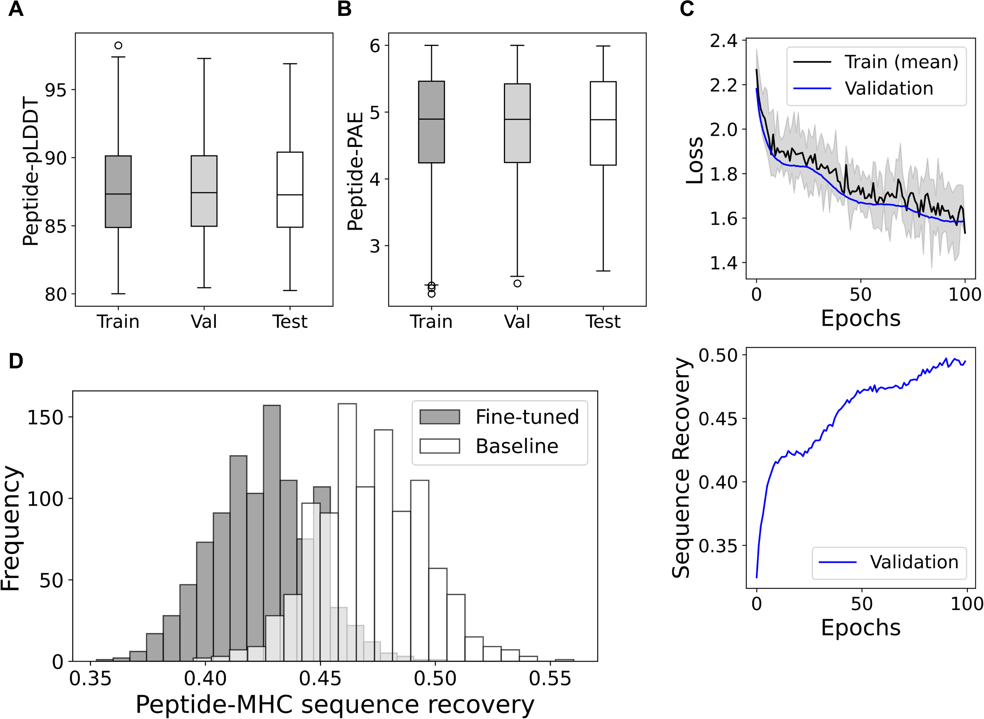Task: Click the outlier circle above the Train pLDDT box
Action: coord(118,45)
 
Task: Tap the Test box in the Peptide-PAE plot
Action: coord(603,123)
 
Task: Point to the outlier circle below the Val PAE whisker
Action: coord(517,283)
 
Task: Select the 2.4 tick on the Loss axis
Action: coord(724,41)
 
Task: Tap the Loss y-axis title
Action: coord(694,160)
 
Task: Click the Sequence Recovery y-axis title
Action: coord(681,468)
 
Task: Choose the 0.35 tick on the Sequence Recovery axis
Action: coord(718,546)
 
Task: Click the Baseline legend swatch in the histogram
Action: coord(440,446)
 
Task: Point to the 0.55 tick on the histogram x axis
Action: coord(550,679)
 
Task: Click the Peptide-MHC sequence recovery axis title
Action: coord(335,704)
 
